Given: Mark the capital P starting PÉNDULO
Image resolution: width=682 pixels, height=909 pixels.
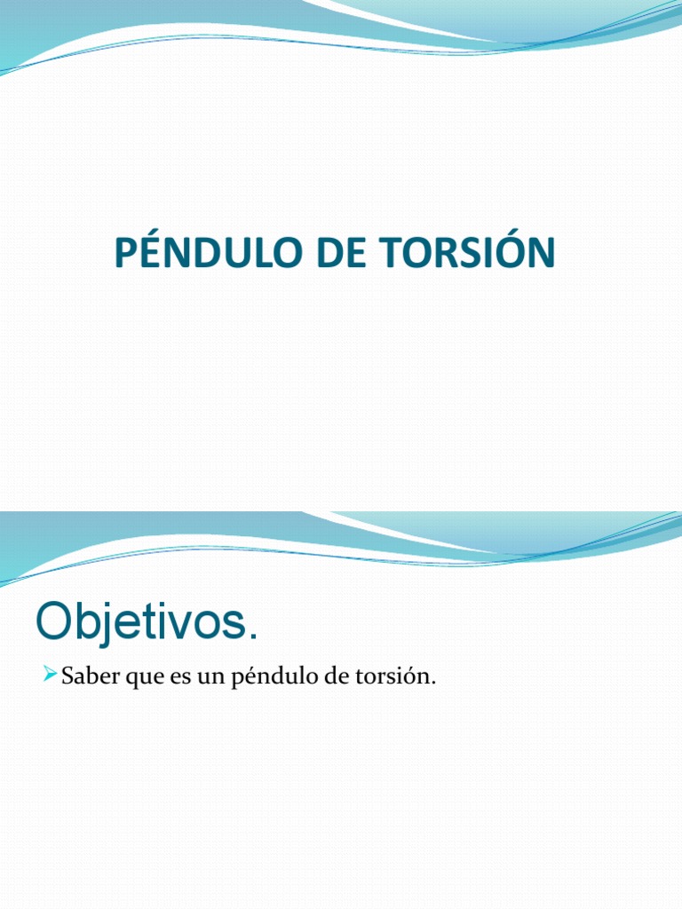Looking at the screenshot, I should click(x=125, y=254).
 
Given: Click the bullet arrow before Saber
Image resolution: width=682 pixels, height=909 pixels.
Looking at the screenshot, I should click(x=50, y=676).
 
